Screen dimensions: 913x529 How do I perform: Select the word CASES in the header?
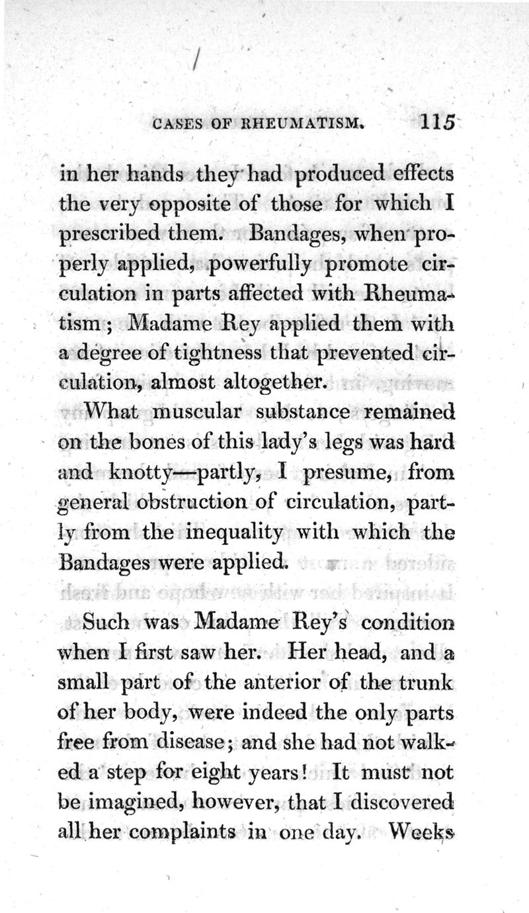coord(175,124)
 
